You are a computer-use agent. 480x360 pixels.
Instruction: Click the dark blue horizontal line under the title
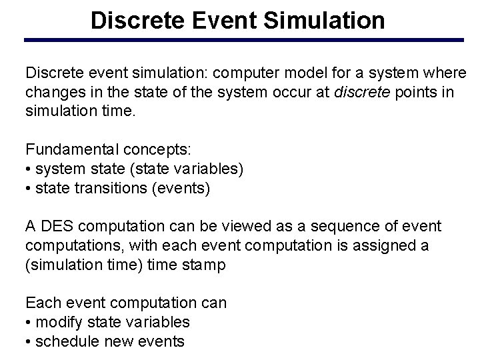tap(244, 41)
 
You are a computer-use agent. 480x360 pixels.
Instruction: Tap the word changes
tap(53, 91)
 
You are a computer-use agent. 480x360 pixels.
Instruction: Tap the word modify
tap(55, 322)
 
